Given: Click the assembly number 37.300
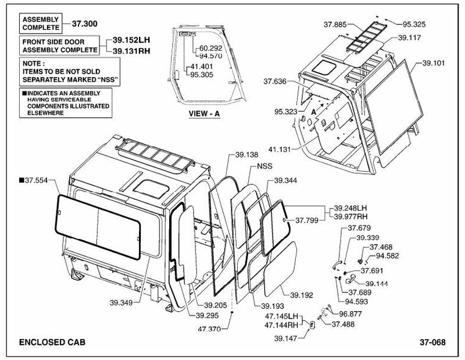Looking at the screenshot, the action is [x=84, y=24].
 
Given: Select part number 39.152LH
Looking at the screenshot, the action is [x=131, y=40].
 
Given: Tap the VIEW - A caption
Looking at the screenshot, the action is [x=205, y=113].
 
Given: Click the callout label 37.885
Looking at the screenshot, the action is [x=335, y=24].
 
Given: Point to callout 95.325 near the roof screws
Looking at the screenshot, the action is [x=414, y=24].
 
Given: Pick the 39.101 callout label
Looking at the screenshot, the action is [x=434, y=63].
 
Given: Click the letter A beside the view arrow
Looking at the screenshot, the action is [x=314, y=112].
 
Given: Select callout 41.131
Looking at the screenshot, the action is [x=280, y=149].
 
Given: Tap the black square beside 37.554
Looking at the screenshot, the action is [x=21, y=180].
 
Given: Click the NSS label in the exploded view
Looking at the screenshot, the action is [x=264, y=166].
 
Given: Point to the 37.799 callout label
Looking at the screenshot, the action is [x=307, y=220].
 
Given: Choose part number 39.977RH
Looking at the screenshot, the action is [x=350, y=217].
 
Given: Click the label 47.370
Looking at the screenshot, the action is [x=209, y=329].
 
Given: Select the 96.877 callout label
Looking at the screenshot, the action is [x=350, y=314].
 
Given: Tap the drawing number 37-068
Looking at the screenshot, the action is [x=432, y=342].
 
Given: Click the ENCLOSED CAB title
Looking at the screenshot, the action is [x=52, y=342].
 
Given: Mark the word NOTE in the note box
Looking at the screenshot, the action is [x=31, y=63].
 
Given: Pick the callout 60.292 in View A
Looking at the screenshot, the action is [x=210, y=48].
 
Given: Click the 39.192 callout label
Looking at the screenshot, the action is [x=302, y=295].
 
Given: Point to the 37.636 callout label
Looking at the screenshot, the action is [x=275, y=81].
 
